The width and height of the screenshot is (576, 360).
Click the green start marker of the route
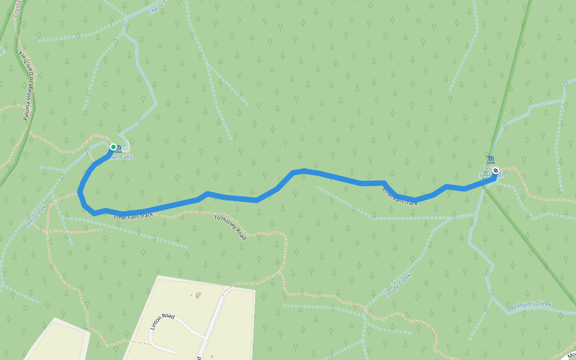coord(113,146)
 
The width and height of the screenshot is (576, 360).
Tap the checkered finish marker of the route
coord(496,170)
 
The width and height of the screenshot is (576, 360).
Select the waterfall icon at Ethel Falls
coord(119,148)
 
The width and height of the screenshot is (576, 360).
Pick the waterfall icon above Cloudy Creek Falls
coord(492,159)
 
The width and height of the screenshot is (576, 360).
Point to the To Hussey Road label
coord(230,227)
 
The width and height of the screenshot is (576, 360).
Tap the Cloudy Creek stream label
coord(397,286)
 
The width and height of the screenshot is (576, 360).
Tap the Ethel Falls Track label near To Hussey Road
coord(133,215)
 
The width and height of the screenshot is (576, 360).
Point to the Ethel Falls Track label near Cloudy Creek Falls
coord(400,197)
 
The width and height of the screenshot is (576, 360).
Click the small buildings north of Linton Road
coord(196,295)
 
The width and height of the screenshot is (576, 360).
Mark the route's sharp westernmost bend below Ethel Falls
coord(80,192)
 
